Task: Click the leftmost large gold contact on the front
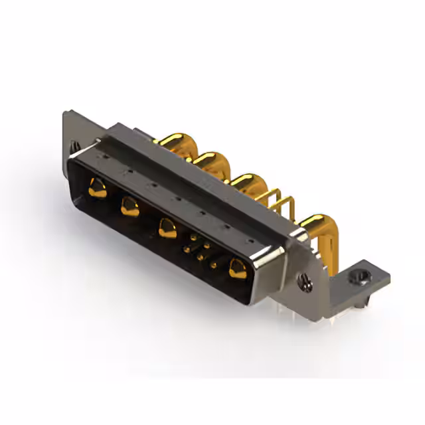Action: [x=97, y=188]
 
